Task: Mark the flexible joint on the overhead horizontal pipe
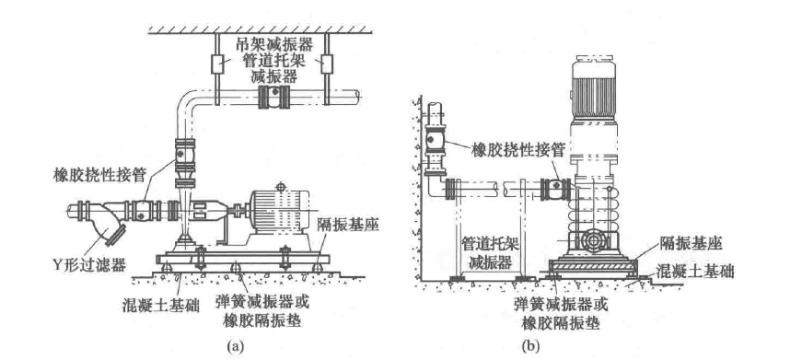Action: (x=274, y=96)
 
